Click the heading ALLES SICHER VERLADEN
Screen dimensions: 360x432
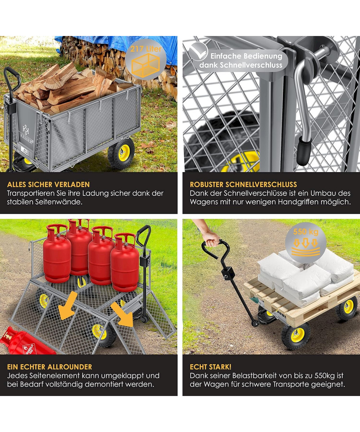click(x=48, y=184)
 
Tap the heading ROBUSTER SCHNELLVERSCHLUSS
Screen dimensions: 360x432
click(x=243, y=184)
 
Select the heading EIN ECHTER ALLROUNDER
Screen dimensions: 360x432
click(x=49, y=367)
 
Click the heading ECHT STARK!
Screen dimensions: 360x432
click(x=211, y=367)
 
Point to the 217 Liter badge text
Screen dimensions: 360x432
click(x=146, y=49)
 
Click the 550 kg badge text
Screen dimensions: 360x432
click(x=306, y=232)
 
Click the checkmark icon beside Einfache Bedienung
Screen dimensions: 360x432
click(x=198, y=52)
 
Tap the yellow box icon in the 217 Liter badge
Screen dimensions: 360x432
click(x=146, y=65)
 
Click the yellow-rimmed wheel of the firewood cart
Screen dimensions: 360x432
click(x=121, y=153)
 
